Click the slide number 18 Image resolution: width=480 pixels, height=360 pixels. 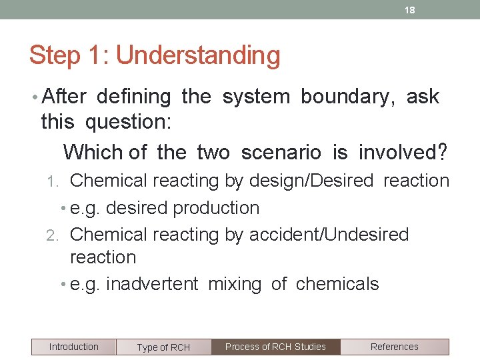411,10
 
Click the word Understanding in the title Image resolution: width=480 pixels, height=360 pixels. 198,55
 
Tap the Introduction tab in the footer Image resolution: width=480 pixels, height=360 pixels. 73,347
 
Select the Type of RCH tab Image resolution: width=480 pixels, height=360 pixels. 163,347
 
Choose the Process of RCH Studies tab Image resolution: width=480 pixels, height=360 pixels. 275,347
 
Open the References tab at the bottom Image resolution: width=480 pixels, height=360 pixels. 394,347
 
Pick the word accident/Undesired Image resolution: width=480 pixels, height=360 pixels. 329,235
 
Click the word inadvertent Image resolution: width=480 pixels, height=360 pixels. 152,284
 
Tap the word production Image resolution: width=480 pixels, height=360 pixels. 216,208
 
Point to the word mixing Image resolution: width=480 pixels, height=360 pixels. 235,285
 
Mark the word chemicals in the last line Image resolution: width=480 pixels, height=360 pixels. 337,284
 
